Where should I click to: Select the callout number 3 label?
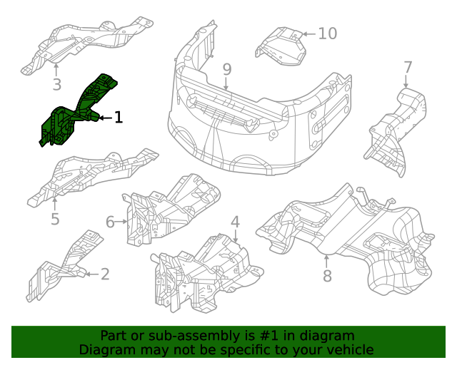click(x=57, y=85)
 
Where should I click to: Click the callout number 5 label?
click(x=55, y=219)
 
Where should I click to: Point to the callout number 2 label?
click(x=105, y=274)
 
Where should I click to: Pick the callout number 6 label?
click(x=111, y=222)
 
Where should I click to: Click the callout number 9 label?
click(x=226, y=69)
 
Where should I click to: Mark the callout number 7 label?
click(x=408, y=68)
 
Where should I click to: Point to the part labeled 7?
click(x=393, y=128)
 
